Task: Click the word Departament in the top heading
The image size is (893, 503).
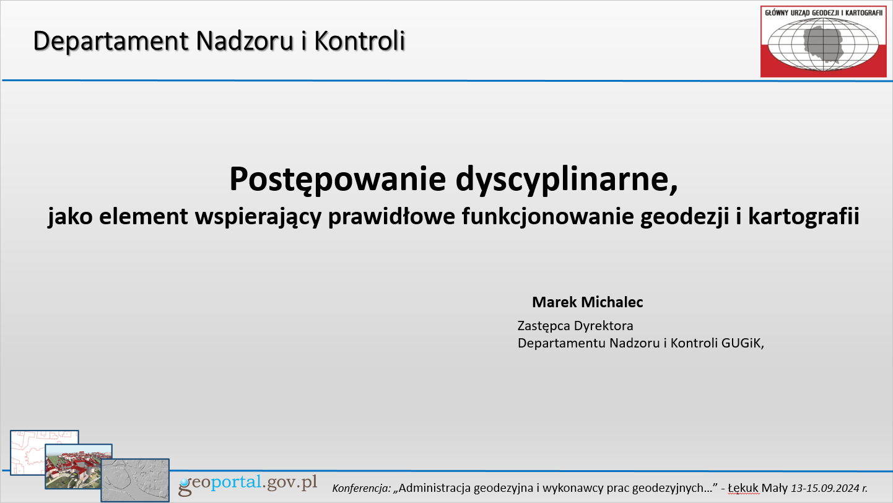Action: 110,42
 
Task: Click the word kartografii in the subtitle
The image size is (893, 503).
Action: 804,217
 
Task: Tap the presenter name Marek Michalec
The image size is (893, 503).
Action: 588,302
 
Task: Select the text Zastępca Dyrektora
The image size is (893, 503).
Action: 575,326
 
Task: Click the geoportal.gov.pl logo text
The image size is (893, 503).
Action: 248,484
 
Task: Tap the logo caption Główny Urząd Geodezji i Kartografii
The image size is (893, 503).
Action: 824,13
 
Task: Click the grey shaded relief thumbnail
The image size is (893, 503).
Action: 135,480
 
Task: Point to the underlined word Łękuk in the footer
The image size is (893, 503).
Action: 743,489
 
